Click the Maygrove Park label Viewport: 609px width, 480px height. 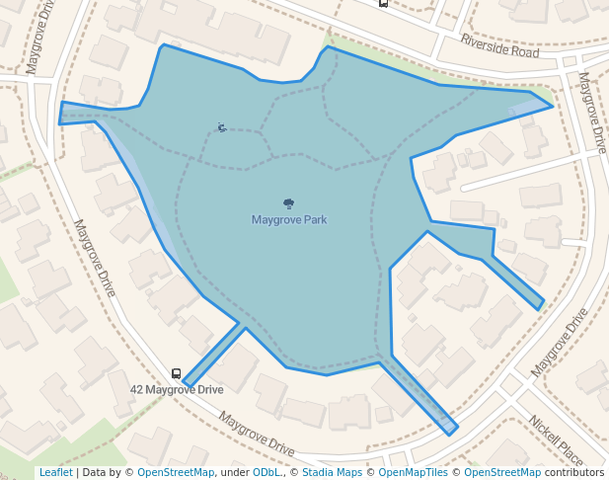(x=289, y=220)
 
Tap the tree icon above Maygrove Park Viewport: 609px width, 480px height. (x=289, y=203)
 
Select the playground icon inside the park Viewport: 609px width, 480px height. (x=221, y=127)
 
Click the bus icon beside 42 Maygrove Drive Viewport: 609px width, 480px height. (x=176, y=374)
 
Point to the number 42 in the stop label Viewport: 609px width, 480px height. (x=137, y=390)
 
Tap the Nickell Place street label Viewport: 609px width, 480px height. (x=556, y=440)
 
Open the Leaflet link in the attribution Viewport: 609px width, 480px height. (x=55, y=473)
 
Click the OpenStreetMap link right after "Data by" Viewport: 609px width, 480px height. (x=176, y=473)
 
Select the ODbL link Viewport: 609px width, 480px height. (x=266, y=473)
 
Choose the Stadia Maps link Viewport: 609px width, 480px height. (x=332, y=473)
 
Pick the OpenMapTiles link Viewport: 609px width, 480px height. (x=412, y=473)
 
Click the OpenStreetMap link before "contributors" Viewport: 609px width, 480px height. (x=502, y=473)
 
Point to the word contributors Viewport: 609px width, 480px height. (x=574, y=473)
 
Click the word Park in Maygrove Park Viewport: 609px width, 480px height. (x=315, y=220)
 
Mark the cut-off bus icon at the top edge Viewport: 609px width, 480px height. (x=383, y=3)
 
